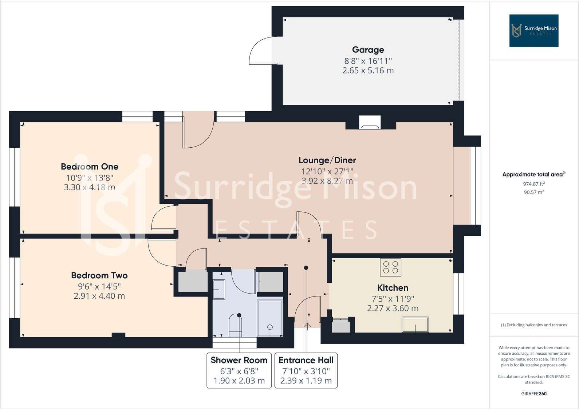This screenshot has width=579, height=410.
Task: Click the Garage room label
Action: (x=368, y=50)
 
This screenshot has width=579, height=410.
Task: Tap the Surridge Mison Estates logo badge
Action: (x=533, y=31)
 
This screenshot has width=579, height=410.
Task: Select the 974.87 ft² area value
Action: (x=534, y=184)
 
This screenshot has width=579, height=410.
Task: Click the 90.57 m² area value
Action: (x=534, y=192)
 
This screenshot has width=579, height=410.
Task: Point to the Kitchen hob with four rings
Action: (x=391, y=267)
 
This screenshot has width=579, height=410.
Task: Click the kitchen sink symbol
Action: (x=415, y=325)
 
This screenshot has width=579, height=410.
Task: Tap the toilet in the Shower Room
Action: (x=235, y=326)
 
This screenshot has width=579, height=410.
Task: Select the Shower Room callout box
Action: (x=239, y=370)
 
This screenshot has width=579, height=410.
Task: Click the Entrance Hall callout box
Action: (x=306, y=370)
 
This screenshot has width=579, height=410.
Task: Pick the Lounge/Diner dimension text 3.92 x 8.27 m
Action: (x=327, y=181)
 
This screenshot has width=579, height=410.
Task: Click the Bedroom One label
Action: (x=90, y=167)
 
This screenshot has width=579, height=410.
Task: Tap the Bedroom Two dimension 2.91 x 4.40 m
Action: (x=99, y=296)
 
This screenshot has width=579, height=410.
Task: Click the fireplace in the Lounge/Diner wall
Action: (x=370, y=123)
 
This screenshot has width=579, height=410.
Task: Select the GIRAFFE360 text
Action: (x=534, y=394)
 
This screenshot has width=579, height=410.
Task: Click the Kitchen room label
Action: (x=393, y=288)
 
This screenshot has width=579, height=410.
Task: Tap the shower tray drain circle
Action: (x=270, y=327)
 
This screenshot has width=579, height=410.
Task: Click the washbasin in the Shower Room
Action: (x=219, y=290)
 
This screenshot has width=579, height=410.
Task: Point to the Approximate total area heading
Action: (x=534, y=175)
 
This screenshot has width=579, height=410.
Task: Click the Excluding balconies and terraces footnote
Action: (x=534, y=325)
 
